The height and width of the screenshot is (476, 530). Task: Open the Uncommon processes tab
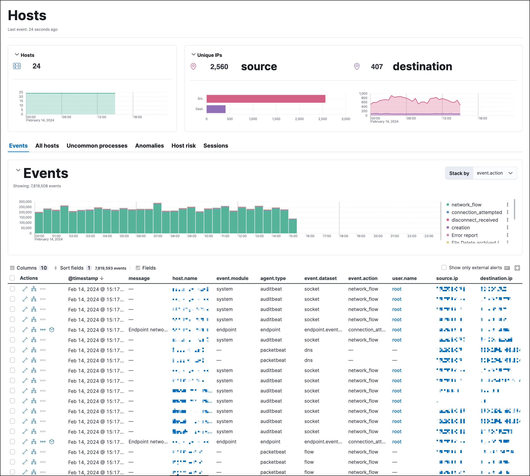[x=97, y=146]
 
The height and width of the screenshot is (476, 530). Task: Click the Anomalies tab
[x=149, y=146]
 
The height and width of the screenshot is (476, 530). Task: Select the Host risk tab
[x=183, y=146]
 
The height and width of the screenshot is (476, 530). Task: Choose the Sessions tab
[x=215, y=146]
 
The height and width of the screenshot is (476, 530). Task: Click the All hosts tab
[x=47, y=146]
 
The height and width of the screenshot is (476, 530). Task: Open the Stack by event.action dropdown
[x=494, y=173]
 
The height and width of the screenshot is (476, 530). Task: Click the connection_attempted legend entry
[x=476, y=212]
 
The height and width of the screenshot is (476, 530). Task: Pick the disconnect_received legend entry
[x=474, y=220]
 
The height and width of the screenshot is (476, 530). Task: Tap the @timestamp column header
[x=83, y=278]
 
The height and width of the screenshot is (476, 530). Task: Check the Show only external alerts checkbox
[x=444, y=267]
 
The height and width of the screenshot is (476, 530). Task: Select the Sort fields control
[x=72, y=268]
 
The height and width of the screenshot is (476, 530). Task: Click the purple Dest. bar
[x=216, y=109]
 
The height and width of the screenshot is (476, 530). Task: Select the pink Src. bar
[x=266, y=99]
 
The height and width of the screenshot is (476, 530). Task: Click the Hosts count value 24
[x=36, y=66]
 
